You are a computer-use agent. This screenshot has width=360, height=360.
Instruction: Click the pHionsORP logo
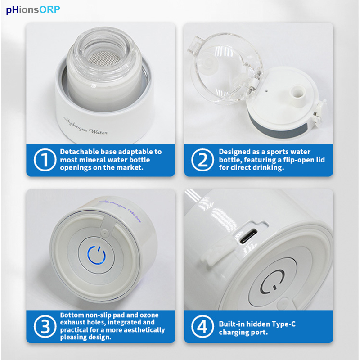pyautogui.click(x=33, y=10)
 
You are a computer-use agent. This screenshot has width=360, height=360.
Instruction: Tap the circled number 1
pyautogui.click(x=45, y=160)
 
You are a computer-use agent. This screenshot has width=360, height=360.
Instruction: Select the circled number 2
pyautogui.click(x=203, y=160)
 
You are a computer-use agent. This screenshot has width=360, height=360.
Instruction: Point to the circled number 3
pyautogui.click(x=45, y=326)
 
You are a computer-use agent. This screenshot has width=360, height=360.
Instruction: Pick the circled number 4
pyautogui.click(x=203, y=326)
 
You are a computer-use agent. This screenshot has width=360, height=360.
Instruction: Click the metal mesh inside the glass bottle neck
pyautogui.click(x=104, y=58)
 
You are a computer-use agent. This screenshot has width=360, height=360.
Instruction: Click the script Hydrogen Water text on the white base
pyautogui.click(x=85, y=126)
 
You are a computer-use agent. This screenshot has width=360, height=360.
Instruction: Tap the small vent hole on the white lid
pyautogui.click(x=266, y=90)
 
